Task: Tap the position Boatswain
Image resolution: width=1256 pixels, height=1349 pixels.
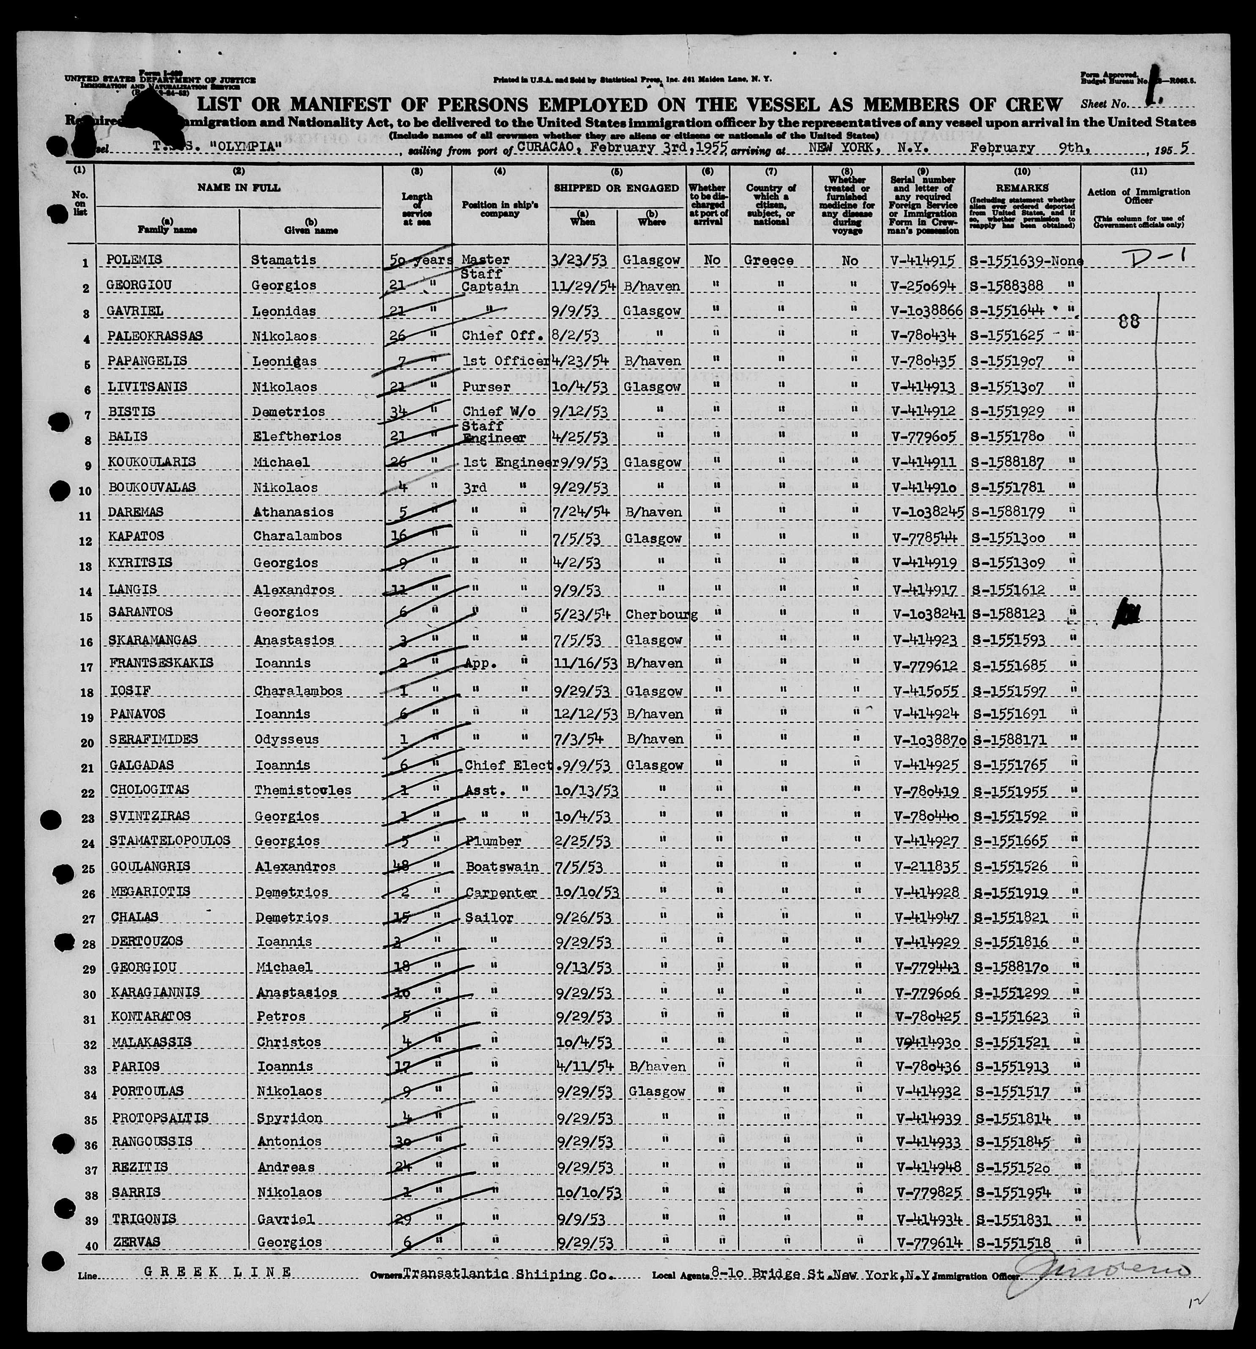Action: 502,866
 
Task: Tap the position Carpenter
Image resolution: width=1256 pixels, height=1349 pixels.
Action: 502,892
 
